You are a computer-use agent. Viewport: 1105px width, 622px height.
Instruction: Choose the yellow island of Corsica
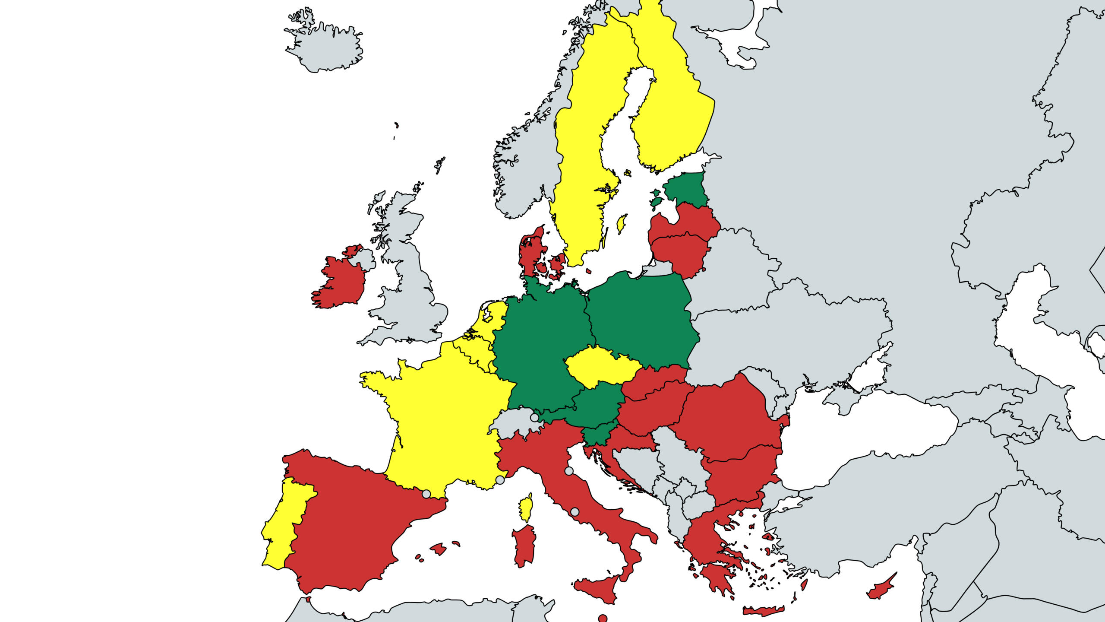tap(526, 508)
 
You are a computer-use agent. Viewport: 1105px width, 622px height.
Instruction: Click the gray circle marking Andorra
tap(426, 494)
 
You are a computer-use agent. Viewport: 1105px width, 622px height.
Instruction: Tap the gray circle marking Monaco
tap(500, 480)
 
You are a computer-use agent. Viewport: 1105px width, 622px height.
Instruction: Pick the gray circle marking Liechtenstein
tap(534, 418)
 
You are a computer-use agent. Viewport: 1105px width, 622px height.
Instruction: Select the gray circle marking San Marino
tap(569, 471)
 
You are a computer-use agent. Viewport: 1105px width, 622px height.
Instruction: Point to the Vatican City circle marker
tap(575, 512)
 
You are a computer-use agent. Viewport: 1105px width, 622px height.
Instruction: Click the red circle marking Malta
tap(603, 618)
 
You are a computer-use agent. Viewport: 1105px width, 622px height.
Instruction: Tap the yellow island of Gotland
tap(622, 224)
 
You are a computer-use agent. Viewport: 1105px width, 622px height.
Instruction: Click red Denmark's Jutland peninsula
tap(529, 255)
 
